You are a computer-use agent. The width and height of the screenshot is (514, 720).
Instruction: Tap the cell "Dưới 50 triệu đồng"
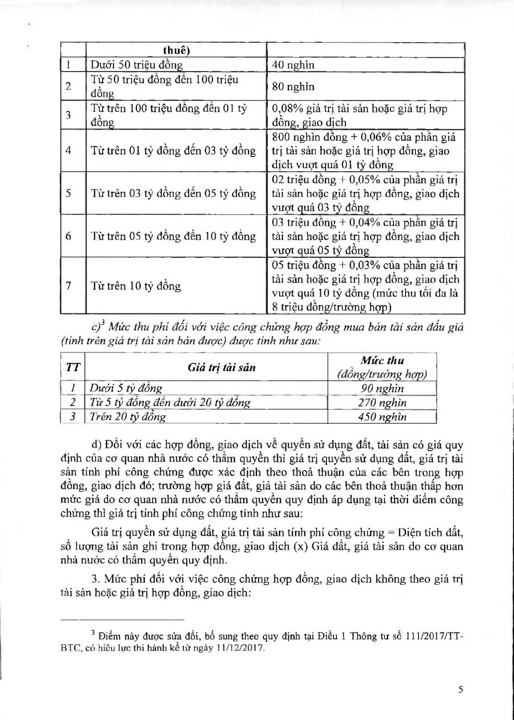(x=136, y=65)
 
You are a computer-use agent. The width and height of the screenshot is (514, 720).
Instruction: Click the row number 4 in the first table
(x=69, y=151)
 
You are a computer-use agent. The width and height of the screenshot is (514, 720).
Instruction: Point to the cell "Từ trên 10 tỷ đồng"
(x=136, y=286)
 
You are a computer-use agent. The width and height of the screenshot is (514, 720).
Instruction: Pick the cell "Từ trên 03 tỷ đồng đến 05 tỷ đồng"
(x=173, y=193)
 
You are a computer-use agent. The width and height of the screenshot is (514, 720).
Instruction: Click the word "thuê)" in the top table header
(x=176, y=50)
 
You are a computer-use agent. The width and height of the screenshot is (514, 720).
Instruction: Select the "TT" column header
(x=73, y=368)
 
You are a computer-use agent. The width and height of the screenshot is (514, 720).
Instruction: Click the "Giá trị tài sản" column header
(x=221, y=368)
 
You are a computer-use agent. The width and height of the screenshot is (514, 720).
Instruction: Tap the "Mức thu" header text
(x=382, y=360)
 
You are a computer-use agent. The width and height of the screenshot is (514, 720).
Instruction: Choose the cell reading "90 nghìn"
(x=382, y=388)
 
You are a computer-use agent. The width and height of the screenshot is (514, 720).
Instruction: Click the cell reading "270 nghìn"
(x=382, y=402)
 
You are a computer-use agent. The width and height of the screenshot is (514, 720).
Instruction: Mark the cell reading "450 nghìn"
(x=382, y=416)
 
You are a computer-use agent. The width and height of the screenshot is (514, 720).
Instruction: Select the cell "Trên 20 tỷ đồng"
(x=128, y=416)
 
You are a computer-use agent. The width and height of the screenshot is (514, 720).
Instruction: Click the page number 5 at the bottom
(x=461, y=690)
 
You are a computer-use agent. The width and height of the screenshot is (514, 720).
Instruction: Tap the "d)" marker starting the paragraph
(x=96, y=445)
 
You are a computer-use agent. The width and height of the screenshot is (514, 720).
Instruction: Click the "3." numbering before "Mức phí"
(x=95, y=579)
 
